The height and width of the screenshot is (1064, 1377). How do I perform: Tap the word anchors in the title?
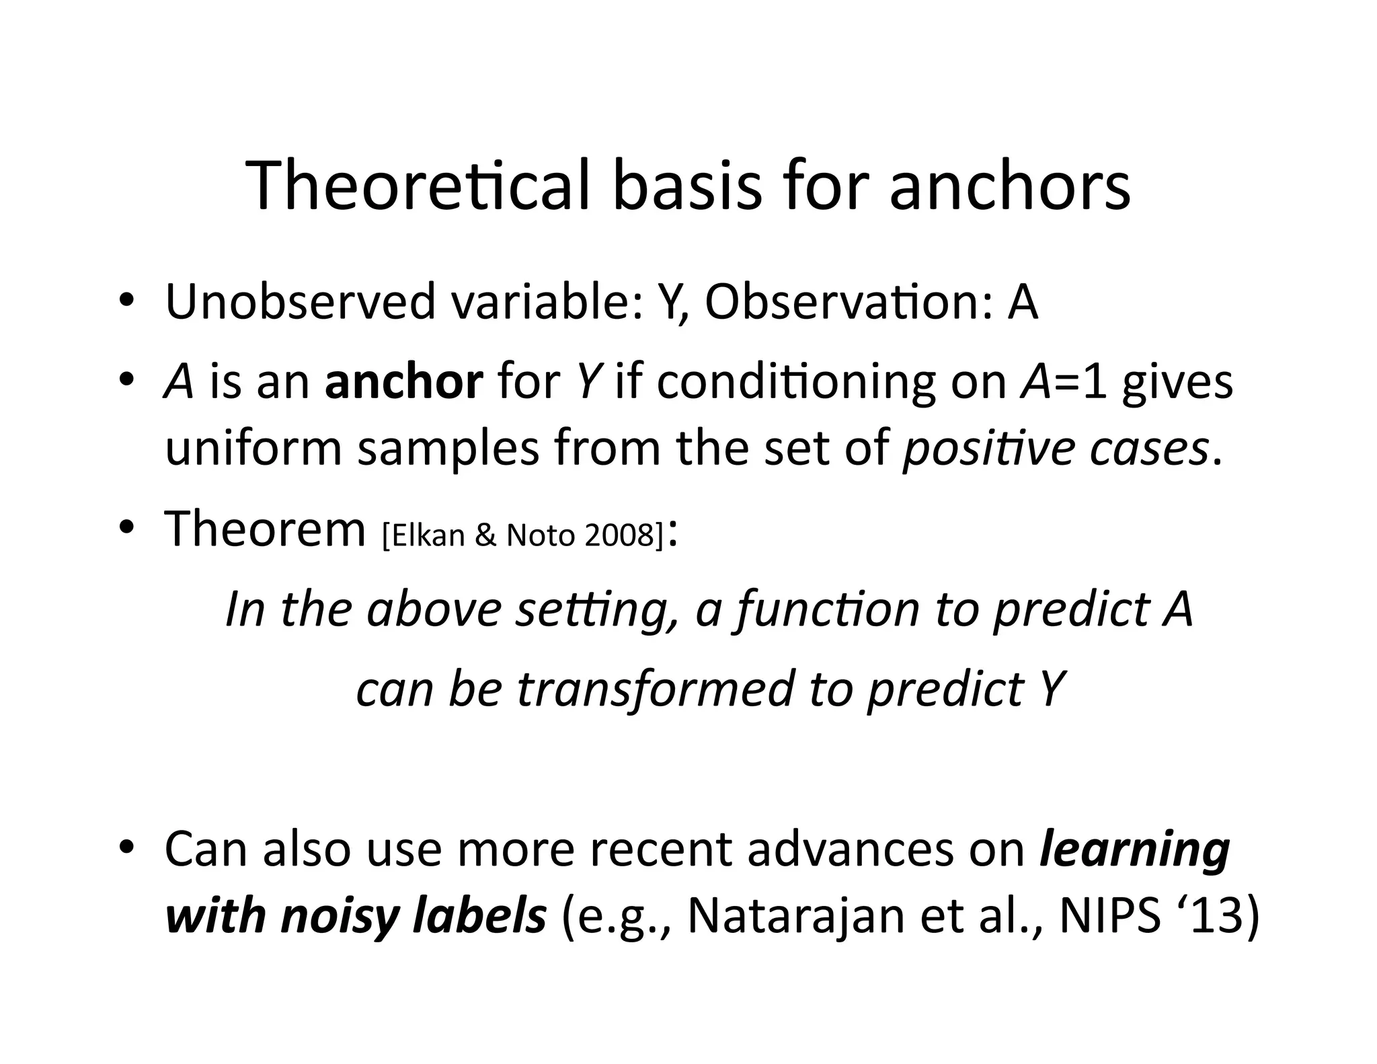point(1010,186)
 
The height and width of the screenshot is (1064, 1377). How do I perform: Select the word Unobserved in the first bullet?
point(301,302)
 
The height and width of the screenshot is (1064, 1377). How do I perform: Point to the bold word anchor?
point(403,381)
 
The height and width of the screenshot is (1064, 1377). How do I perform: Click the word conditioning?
point(795,381)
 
